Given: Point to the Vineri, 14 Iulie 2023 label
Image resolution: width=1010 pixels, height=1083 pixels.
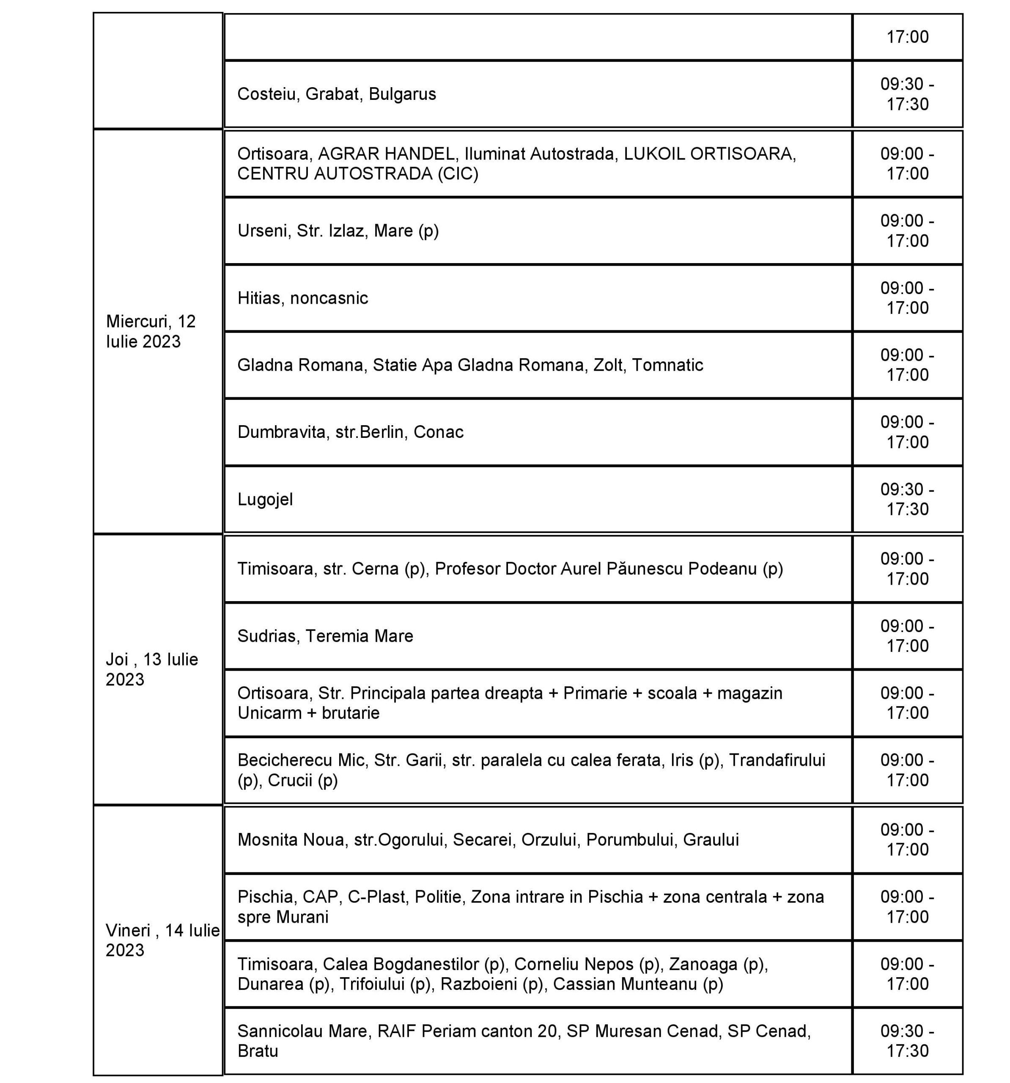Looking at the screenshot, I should (162, 940).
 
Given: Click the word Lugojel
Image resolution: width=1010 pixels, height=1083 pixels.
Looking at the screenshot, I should (265, 500).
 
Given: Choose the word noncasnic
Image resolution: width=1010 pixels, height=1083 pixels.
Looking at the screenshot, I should (329, 298).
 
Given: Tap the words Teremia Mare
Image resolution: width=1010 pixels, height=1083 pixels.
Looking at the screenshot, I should (359, 636).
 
